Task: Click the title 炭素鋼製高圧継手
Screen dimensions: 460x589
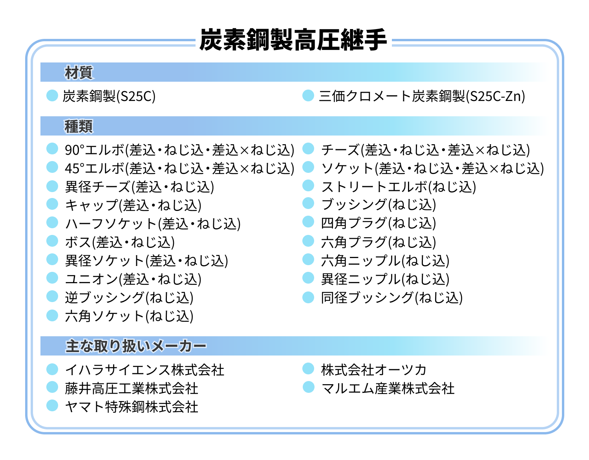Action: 293,40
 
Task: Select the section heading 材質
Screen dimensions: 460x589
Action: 79,73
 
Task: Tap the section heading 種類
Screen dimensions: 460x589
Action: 79,126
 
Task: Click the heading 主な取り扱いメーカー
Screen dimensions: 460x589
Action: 135,346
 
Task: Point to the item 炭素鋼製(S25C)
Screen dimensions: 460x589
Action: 109,96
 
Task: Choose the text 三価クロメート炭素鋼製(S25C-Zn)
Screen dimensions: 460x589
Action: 422,96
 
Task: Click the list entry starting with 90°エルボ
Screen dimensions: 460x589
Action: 179,150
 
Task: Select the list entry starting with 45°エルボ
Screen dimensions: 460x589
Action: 179,168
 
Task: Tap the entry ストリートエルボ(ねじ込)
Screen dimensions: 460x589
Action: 399,187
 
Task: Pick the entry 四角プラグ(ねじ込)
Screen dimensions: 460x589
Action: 379,223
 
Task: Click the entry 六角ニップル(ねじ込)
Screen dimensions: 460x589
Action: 385,260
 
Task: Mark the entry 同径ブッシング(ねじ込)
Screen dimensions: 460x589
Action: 392,297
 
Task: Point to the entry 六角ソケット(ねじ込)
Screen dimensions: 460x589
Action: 129,316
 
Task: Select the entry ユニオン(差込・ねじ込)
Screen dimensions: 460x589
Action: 133,279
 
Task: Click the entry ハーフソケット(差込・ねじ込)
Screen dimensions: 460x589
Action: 153,224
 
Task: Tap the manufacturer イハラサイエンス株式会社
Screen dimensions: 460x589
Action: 145,370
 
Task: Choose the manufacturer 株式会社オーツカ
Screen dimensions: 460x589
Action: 374,370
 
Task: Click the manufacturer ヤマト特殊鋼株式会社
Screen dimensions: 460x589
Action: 132,407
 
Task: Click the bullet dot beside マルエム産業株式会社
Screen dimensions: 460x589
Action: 309,387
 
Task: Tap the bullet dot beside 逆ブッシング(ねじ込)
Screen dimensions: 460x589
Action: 52,296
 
